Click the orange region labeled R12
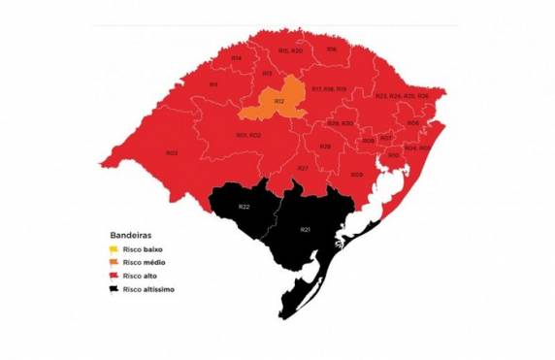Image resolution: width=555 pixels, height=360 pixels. [x=278, y=101]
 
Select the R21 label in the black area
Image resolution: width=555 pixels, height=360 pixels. [x=305, y=229]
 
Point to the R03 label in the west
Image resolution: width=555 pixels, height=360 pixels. [x=171, y=152]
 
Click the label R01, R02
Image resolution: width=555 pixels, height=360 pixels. [x=248, y=135]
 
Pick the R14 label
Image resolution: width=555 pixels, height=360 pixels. [x=237, y=58]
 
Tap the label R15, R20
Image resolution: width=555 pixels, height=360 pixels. [x=289, y=49]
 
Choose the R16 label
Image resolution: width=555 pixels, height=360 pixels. [x=331, y=49]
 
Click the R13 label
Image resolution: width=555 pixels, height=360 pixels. [x=266, y=74]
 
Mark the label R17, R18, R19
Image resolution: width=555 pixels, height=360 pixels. [x=329, y=88]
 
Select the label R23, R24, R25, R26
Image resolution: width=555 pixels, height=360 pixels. [x=402, y=96]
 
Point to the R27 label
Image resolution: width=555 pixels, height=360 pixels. [x=303, y=169]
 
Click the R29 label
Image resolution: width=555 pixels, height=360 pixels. [x=325, y=146]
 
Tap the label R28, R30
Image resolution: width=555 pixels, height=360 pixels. [x=340, y=123]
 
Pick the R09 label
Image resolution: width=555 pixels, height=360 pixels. [x=356, y=175]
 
